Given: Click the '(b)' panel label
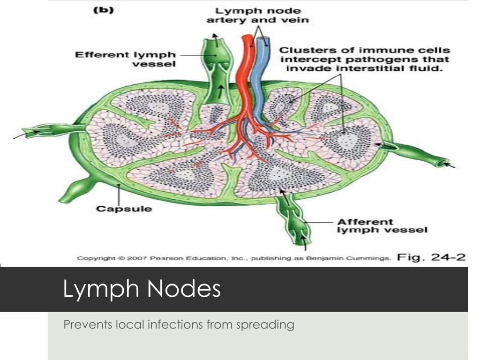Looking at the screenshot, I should tap(102, 11).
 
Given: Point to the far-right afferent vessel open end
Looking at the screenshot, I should tap(438, 162).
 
